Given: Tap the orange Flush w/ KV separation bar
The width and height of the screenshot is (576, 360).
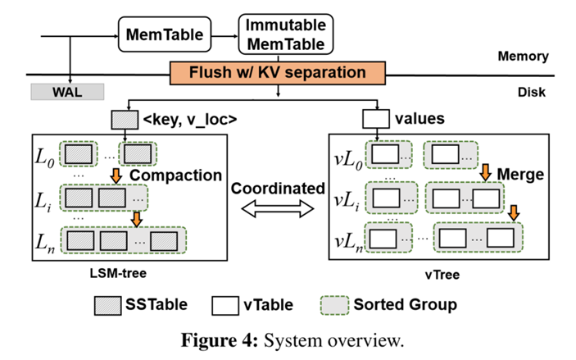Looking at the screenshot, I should click(x=279, y=73).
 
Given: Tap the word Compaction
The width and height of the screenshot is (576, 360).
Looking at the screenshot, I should click(x=175, y=175).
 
